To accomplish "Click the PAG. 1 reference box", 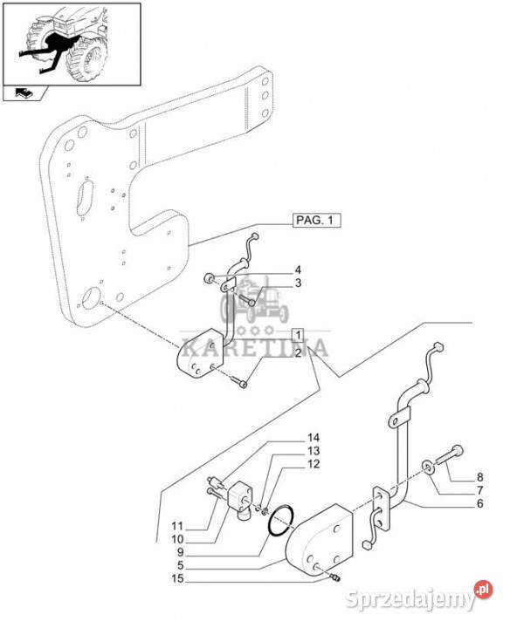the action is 316,221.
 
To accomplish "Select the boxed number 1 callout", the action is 298,335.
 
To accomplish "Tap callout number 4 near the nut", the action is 298,270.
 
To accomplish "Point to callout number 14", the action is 314,437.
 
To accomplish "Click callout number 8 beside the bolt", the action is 479,477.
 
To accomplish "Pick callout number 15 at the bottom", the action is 177,578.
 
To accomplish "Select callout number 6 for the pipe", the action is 479,503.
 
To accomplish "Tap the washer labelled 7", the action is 429,467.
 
